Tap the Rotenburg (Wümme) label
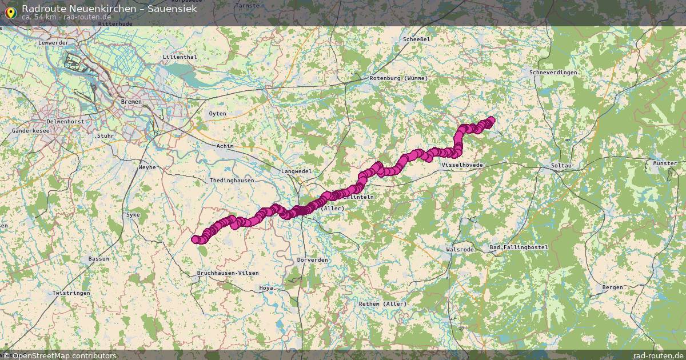(396, 78)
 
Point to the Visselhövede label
(462, 165)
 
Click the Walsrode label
(460, 250)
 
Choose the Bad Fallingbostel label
(519, 247)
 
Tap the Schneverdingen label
(553, 73)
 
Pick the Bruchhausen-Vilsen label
(228, 274)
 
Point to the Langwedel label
(296, 171)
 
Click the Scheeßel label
(416, 39)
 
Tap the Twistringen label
(71, 293)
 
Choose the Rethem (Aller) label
(382, 303)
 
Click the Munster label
(664, 163)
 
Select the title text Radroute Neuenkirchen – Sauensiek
(109, 9)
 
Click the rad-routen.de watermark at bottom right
(658, 355)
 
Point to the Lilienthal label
(180, 57)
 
